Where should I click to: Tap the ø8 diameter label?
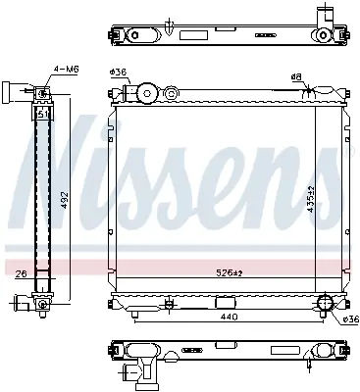tap(295, 76)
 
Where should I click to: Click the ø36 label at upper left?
tap(117, 73)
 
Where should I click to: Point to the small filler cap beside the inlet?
tap(171, 95)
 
